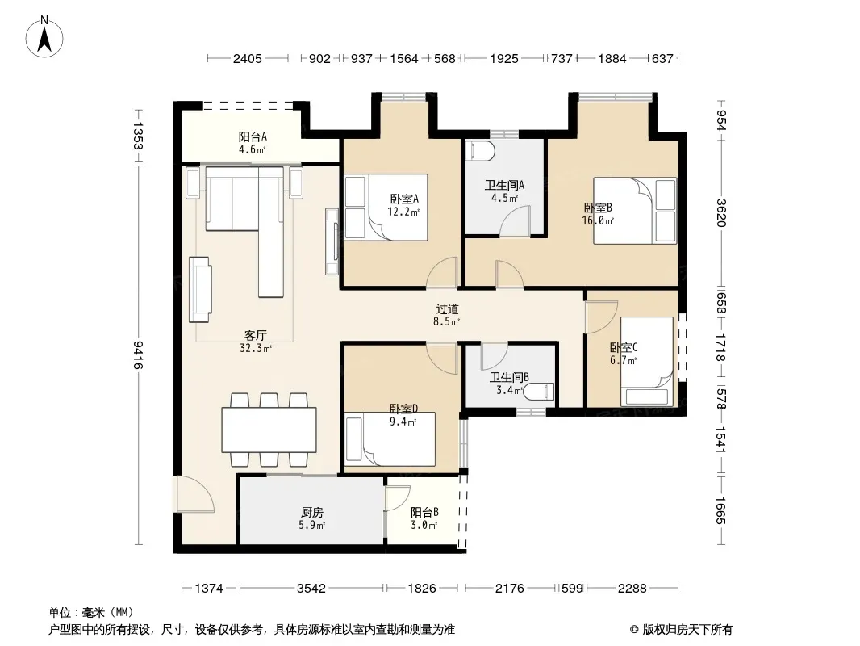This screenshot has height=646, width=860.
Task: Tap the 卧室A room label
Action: click(404, 199)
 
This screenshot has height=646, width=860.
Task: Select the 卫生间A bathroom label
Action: click(504, 185)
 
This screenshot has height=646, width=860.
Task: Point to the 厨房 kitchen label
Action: click(312, 512)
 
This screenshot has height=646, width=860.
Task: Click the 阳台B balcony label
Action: click(424, 512)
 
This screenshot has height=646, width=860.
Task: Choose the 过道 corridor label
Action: click(447, 309)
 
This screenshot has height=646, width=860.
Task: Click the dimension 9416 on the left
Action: click(138, 354)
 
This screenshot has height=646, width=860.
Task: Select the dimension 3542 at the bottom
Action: click(311, 589)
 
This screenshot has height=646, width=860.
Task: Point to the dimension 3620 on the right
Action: click(721, 212)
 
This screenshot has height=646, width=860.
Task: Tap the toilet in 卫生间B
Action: click(538, 392)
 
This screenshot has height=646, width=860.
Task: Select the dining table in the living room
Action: click(269, 430)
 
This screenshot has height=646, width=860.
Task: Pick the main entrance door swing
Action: click(195, 494)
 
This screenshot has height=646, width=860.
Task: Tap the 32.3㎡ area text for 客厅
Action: click(256, 348)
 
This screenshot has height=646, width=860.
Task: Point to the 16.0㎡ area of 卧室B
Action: click(598, 220)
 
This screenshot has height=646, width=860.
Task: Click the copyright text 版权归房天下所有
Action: click(687, 630)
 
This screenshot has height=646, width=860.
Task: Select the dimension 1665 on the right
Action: click(721, 510)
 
